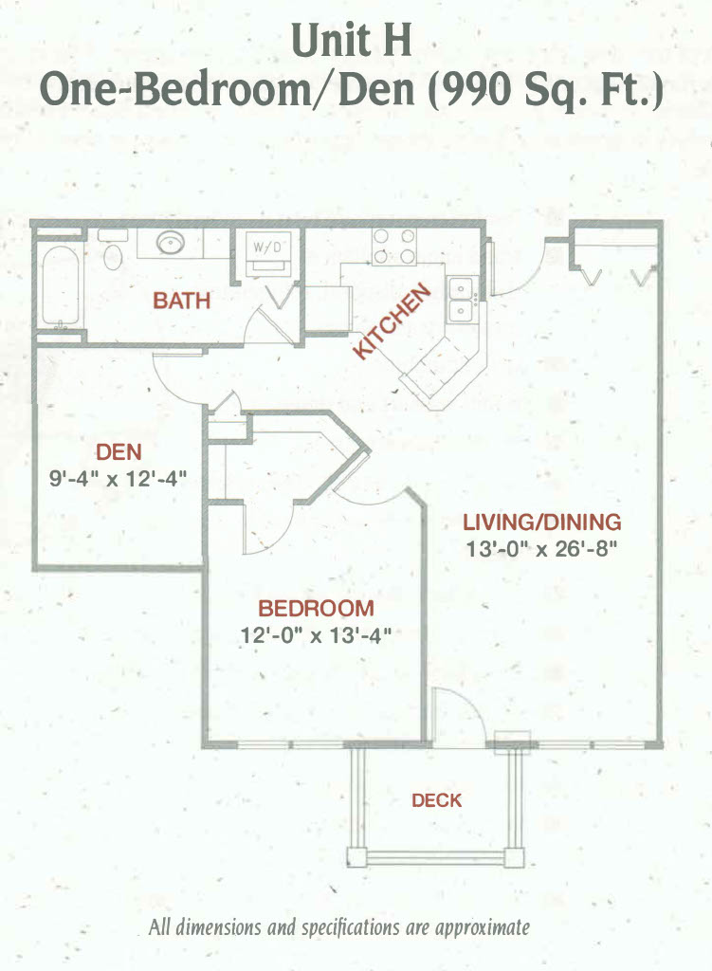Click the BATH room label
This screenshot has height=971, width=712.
point(181,301)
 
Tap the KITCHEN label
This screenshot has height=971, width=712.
point(392,321)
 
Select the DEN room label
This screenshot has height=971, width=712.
point(119,452)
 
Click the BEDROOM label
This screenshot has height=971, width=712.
point(316,608)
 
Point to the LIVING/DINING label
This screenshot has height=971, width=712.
point(541,522)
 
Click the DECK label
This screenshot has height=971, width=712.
point(436,800)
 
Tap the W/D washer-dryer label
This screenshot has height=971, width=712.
point(267,247)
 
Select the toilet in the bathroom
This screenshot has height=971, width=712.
point(113,249)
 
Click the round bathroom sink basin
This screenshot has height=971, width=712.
point(171,242)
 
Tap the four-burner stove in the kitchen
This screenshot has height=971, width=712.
point(393,247)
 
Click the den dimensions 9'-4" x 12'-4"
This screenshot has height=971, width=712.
point(118,479)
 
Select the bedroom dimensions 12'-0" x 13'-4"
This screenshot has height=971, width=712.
point(316,634)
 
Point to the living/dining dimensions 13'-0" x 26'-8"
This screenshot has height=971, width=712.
point(541,549)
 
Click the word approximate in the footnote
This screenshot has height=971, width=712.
point(483,927)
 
